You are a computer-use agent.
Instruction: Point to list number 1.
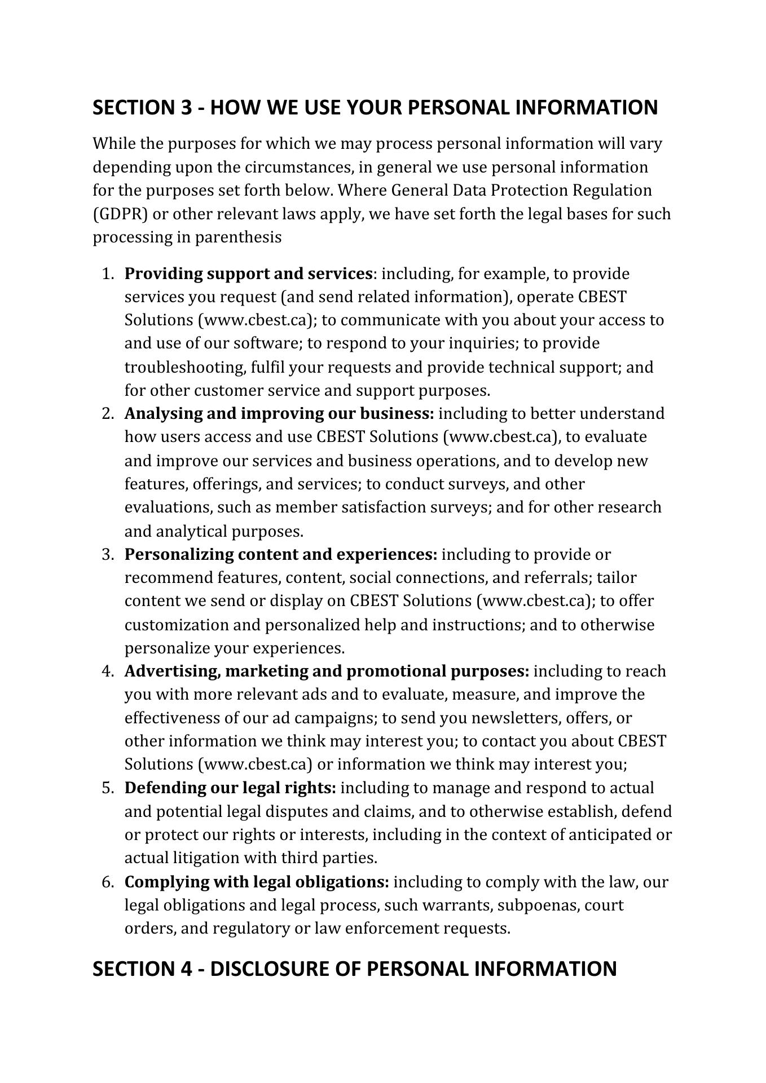pos(108,274)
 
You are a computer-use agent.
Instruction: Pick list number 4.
pos(108,671)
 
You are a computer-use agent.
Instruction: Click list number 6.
pos(108,882)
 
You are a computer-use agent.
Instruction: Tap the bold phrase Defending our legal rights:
pos(230,788)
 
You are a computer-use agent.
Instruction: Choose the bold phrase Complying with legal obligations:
pos(257,882)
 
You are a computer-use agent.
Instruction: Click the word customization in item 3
pos(173,625)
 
